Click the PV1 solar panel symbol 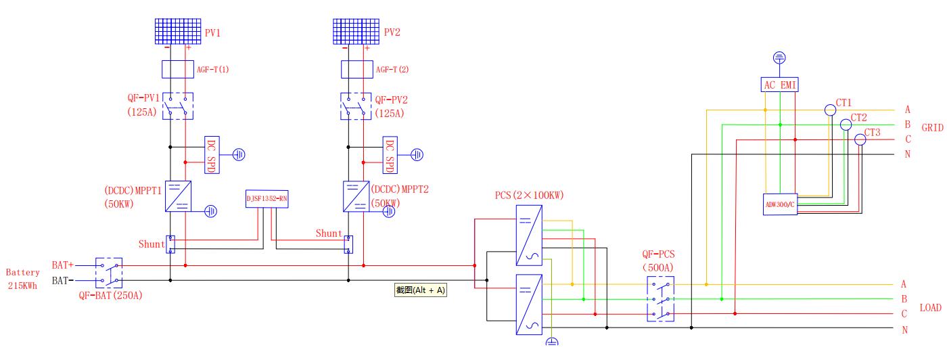tap(177, 31)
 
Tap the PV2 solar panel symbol tap(356, 31)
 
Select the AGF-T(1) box tap(177, 70)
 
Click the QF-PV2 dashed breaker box tap(356, 106)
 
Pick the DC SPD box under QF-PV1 tap(212, 155)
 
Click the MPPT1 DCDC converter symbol tap(178, 196)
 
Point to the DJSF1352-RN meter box tap(267, 199)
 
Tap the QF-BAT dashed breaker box tap(109, 273)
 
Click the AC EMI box tap(779, 85)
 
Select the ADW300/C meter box tap(780, 204)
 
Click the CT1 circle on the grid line tap(831, 110)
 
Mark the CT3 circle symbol tap(860, 139)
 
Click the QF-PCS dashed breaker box tap(660, 298)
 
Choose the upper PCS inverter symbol tap(529, 235)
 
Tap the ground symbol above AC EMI tap(779, 58)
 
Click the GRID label tap(932, 128)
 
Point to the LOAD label tap(931, 307)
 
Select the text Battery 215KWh tap(23, 279)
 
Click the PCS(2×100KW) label tap(529, 195)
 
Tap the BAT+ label tap(62, 265)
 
